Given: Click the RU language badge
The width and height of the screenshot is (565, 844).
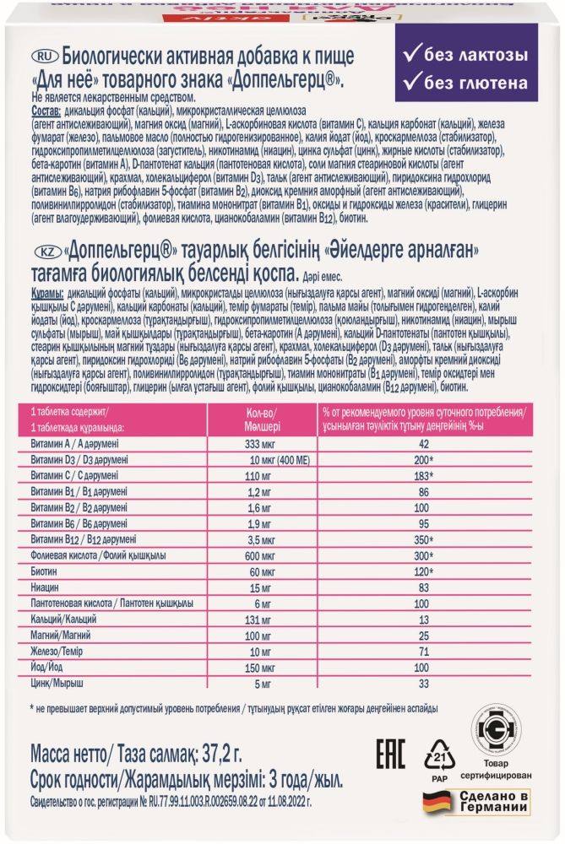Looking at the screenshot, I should point(42,55).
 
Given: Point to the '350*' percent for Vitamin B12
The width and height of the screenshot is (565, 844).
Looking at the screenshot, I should point(426,538).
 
